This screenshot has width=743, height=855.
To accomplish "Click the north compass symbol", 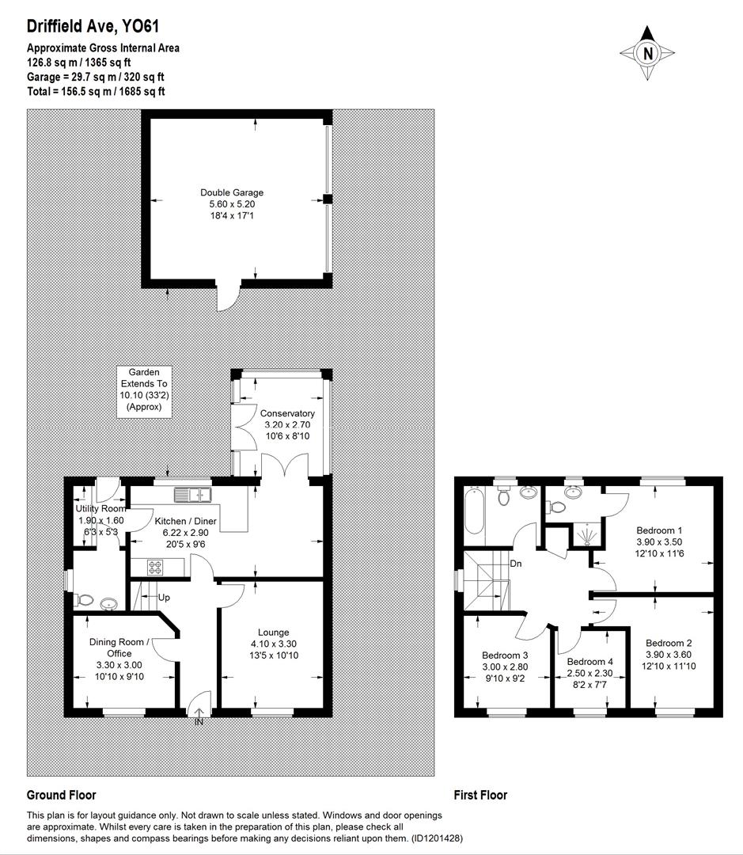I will click(x=647, y=53).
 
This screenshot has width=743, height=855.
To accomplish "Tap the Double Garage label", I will click(x=232, y=192).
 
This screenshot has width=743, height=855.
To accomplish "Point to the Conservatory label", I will click(x=287, y=413).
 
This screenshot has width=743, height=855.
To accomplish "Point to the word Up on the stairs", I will click(x=164, y=597).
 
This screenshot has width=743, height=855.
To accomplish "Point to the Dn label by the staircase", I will click(x=516, y=564).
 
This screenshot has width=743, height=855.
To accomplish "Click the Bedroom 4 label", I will click(x=589, y=662).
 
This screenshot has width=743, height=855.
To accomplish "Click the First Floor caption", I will click(x=480, y=795).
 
